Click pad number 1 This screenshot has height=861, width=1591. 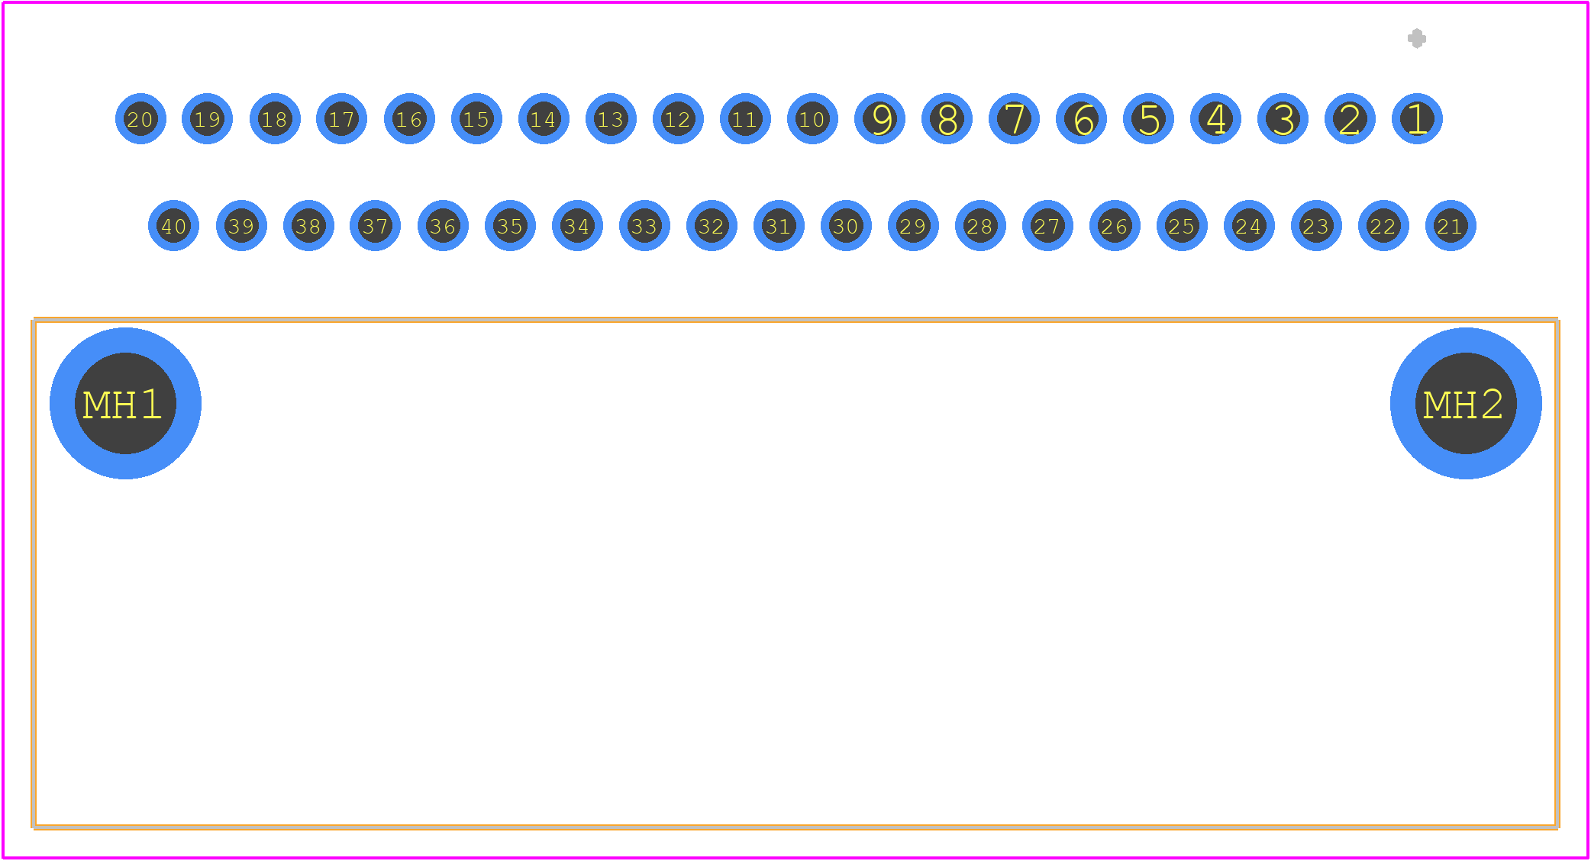(x=1417, y=119)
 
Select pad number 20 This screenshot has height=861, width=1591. (x=140, y=119)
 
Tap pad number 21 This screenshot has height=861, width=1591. (x=1451, y=226)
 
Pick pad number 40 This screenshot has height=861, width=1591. (x=174, y=226)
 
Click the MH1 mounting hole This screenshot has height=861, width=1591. (x=125, y=403)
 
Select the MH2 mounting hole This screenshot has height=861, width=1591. (x=1466, y=403)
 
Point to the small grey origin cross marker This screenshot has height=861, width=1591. (x=1417, y=38)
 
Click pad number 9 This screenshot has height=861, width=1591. (x=879, y=119)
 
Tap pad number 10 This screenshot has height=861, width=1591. (x=812, y=119)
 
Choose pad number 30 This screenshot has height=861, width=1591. (x=846, y=226)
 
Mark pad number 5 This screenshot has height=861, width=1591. (x=1148, y=119)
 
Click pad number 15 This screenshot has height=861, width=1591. (x=476, y=119)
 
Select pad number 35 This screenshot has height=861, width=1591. (x=510, y=226)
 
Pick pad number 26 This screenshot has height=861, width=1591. (x=1115, y=226)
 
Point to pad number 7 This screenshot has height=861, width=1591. (x=1014, y=119)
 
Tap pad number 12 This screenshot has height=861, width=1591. (x=678, y=119)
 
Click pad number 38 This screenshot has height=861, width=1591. (x=308, y=226)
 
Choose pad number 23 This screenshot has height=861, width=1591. (x=1316, y=226)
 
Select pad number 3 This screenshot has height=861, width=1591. (x=1283, y=119)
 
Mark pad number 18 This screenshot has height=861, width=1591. (x=275, y=119)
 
